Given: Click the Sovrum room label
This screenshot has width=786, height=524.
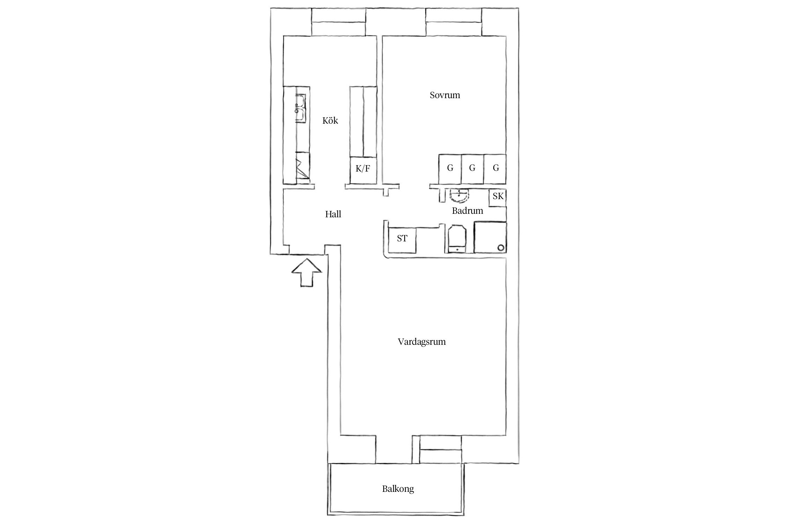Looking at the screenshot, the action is (445, 95).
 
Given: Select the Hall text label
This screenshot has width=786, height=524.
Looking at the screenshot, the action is (333, 214).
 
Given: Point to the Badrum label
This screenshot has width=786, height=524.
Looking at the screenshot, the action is (467, 211).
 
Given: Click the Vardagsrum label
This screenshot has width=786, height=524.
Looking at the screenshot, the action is (422, 342).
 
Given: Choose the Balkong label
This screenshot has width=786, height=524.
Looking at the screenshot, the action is (398, 489).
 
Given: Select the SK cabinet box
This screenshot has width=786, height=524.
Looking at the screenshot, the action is (498, 197).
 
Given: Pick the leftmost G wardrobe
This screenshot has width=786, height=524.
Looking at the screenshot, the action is (450, 169).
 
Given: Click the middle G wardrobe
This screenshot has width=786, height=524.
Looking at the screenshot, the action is (472, 169).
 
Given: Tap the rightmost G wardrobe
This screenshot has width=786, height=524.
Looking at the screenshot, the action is (495, 169).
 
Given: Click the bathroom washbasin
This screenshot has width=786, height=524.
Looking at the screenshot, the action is (459, 196).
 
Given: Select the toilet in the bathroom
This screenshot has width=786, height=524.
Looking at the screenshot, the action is (456, 239).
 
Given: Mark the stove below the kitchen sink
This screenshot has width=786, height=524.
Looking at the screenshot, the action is (58, 168).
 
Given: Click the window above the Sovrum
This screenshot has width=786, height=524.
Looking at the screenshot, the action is (454, 22).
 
